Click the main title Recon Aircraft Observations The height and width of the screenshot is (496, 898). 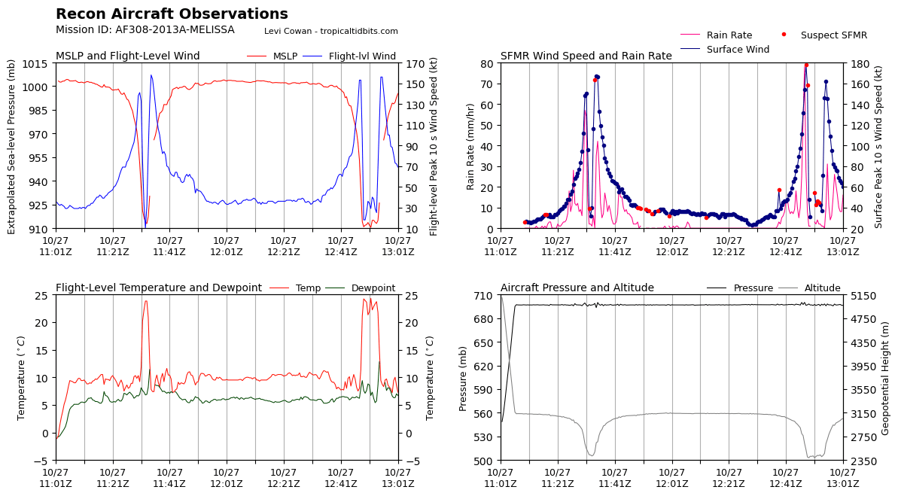pyautogui.click(x=172, y=14)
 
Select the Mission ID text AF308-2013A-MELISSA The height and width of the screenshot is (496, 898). pyautogui.click(x=145, y=30)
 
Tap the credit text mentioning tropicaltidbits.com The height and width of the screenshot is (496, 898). pyautogui.click(x=330, y=32)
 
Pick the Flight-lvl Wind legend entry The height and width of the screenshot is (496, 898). pyautogui.click(x=362, y=56)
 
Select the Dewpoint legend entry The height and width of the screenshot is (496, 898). pyautogui.click(x=373, y=288)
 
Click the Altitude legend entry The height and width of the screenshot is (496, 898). pyautogui.click(x=822, y=288)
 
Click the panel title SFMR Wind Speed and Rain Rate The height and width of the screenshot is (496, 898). pyautogui.click(x=586, y=56)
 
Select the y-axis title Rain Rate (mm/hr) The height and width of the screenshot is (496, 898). pyautogui.click(x=471, y=146)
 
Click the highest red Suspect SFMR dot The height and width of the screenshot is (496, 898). pyautogui.click(x=806, y=65)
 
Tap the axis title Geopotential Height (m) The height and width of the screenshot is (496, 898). pyautogui.click(x=886, y=377)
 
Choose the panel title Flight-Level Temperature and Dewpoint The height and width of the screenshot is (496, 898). pyautogui.click(x=158, y=288)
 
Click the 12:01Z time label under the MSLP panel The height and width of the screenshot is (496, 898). pyautogui.click(x=227, y=247)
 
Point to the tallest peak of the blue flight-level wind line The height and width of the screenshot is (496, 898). pyautogui.click(x=151, y=75)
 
